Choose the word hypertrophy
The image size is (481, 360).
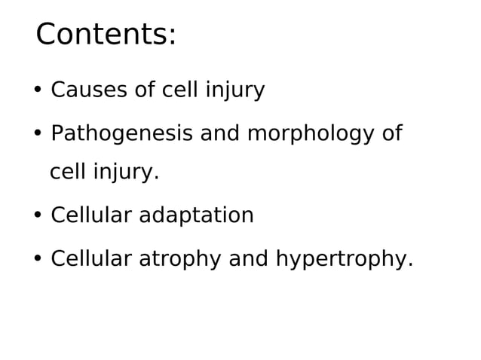[344, 259]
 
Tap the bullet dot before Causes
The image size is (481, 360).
[37, 91]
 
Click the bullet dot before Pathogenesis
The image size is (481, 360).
[37, 134]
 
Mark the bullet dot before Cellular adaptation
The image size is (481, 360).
[37, 216]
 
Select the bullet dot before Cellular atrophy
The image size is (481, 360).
[37, 259]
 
